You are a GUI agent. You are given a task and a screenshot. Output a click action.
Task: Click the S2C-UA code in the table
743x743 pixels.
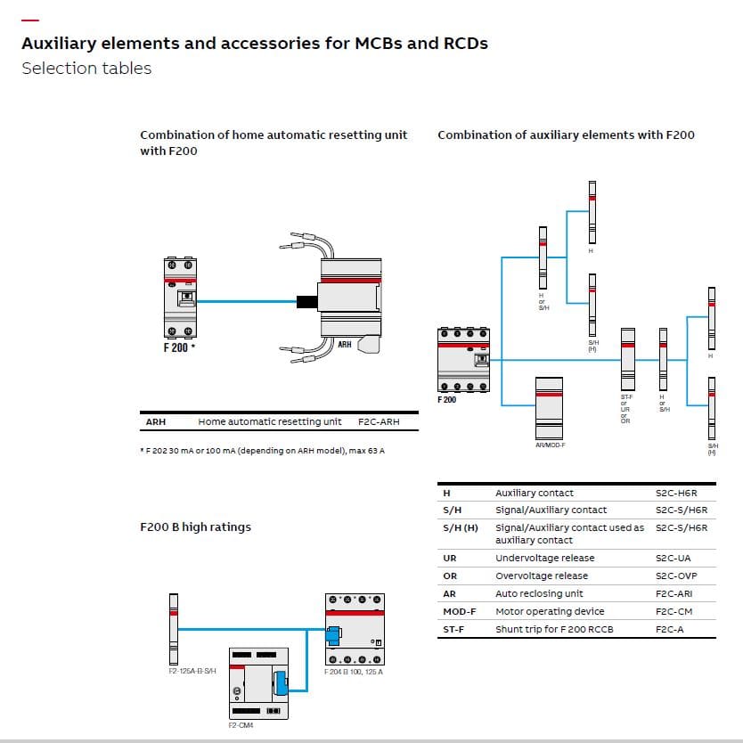point(673,558)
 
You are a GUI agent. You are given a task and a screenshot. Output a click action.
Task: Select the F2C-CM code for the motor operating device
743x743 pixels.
point(674,611)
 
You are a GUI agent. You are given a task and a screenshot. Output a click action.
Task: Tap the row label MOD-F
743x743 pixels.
point(459,611)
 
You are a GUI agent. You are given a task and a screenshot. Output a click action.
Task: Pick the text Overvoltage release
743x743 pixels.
point(542,576)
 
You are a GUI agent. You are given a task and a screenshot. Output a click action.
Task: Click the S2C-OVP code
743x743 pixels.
point(675,576)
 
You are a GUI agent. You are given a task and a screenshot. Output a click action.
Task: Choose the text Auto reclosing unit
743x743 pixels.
point(539,593)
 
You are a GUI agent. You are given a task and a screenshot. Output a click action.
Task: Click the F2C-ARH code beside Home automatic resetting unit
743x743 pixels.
point(379,421)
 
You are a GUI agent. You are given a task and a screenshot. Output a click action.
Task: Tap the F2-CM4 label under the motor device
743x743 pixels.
point(241,725)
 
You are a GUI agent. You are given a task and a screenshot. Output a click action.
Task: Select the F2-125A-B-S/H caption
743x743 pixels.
point(192,670)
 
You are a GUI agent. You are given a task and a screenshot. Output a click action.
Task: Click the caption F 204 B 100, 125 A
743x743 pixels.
point(353,670)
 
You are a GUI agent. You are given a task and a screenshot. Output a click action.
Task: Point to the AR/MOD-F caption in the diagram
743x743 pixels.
point(550,445)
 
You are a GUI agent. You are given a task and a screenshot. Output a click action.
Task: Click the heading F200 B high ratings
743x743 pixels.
point(195,527)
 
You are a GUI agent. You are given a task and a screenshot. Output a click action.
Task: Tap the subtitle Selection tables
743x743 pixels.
point(86,69)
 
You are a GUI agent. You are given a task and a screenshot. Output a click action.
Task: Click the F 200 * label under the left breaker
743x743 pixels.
point(179,347)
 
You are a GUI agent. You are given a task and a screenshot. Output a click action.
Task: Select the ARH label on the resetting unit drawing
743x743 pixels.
point(344,344)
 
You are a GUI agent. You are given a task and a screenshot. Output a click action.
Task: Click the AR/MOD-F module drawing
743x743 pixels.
point(549,406)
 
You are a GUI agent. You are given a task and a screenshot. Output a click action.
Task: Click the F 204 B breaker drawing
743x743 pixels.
point(355,628)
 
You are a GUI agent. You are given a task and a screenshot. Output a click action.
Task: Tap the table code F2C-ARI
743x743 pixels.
point(674,593)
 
